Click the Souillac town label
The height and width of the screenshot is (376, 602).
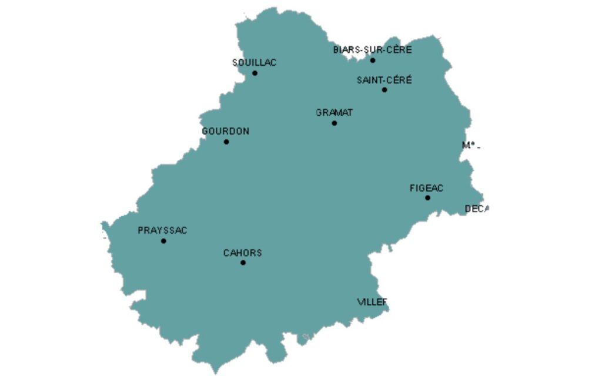pos(254,63)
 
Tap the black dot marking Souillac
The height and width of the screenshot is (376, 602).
pos(255,73)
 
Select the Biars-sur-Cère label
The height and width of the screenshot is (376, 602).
pos(373,50)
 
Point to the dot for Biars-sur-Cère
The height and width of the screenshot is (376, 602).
pos(373,60)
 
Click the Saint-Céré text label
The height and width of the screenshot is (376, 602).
pos(384,80)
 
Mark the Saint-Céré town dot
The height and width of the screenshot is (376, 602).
pos(384,90)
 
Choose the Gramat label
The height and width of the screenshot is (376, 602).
pos(335,113)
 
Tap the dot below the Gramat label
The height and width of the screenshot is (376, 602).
pos(335,123)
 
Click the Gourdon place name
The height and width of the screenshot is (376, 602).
pos(225,132)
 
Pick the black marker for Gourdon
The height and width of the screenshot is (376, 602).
pos(226,142)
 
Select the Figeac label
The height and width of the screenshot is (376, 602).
pos(426,189)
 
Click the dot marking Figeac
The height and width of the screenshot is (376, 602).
pos(427,197)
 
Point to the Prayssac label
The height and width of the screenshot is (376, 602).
pos(162,231)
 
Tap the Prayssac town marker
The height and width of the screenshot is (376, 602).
pos(163,241)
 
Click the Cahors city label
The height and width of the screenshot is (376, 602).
pos(242,253)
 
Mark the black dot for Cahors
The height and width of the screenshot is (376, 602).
pos(243,262)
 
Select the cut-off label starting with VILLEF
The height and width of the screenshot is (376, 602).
pos(373,302)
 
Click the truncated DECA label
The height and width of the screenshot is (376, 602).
pos(476,209)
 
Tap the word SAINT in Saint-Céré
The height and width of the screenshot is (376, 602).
pos(369,80)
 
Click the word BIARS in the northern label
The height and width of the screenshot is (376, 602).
pos(346,50)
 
